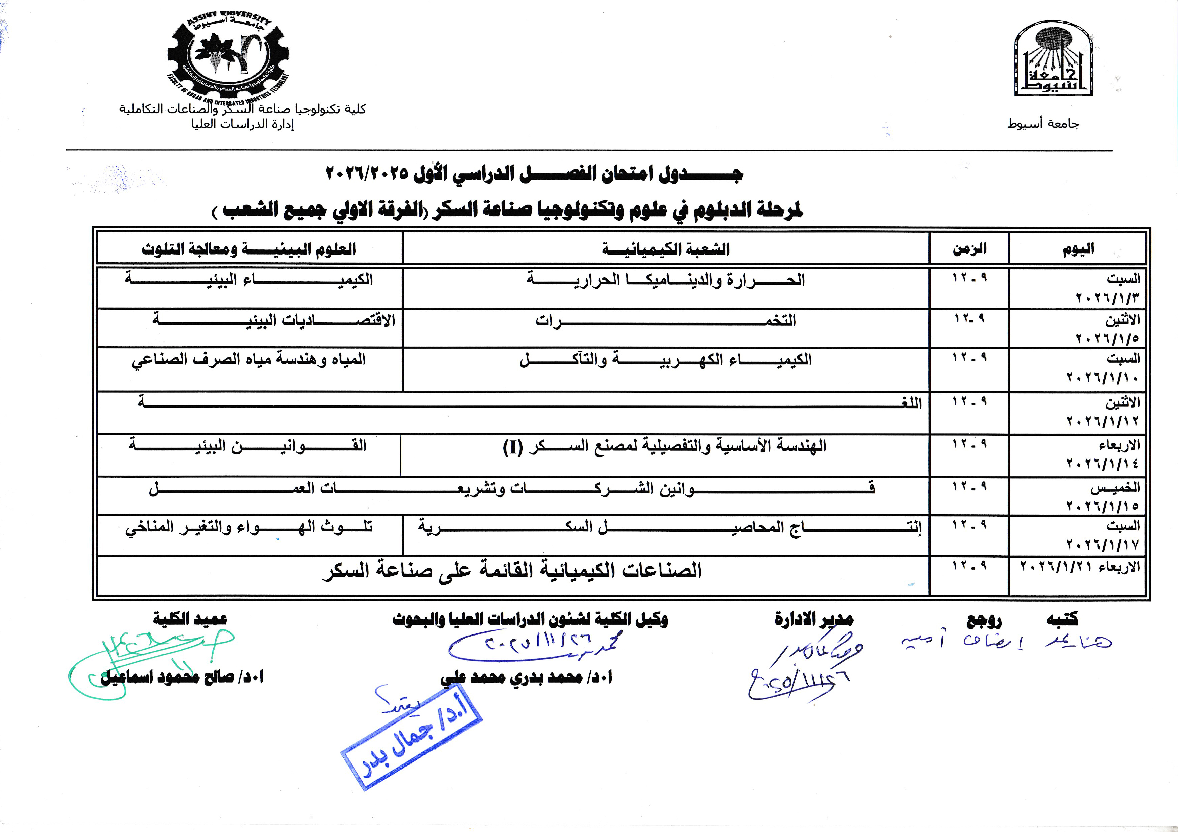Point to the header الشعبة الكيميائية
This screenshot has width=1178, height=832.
click(666, 250)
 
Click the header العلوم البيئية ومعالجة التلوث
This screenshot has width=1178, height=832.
click(249, 250)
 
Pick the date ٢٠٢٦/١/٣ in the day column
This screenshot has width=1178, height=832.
click(1107, 298)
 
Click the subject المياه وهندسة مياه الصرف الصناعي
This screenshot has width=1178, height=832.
click(249, 359)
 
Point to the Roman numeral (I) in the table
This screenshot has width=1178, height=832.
click(512, 447)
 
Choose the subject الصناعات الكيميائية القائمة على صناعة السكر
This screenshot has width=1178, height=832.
click(512, 571)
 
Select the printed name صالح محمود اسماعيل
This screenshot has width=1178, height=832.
click(182, 677)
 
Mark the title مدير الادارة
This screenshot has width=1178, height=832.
click(814, 619)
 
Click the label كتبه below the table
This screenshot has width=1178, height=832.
click(1062, 619)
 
